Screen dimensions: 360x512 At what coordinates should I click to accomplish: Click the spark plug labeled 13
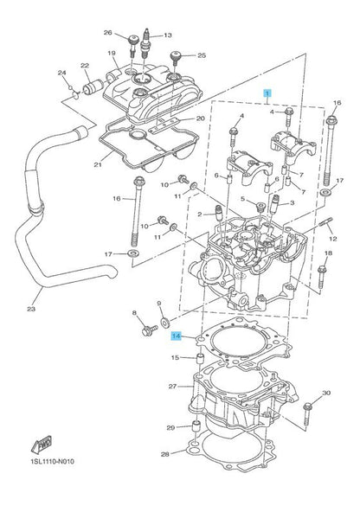pos(145,43)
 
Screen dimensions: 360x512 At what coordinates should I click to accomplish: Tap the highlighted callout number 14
pos(177,336)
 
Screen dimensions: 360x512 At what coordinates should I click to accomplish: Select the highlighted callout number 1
pos(267,93)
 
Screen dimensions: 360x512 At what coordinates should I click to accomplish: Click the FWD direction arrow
pos(42,445)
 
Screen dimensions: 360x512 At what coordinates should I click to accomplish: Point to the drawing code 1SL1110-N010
pos(52,461)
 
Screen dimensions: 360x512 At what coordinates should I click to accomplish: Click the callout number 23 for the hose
pos(31,309)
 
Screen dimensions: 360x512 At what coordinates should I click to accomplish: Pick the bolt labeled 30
pos(307,414)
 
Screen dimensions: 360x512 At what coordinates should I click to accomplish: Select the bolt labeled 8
pos(150,330)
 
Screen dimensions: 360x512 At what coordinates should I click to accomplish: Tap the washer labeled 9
pos(164,323)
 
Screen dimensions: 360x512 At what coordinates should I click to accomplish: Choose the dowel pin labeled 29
pos(196,431)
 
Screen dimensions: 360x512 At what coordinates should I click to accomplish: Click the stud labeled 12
pos(325,222)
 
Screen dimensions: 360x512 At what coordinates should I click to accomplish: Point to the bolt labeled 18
pos(321,277)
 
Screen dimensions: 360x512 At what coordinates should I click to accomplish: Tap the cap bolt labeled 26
pos(133,45)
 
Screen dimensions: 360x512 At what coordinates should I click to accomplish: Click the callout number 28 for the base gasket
pos(165,454)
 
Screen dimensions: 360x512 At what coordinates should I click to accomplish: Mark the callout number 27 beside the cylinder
pos(172,387)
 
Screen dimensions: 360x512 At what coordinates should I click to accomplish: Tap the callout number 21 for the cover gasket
pos(98,164)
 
